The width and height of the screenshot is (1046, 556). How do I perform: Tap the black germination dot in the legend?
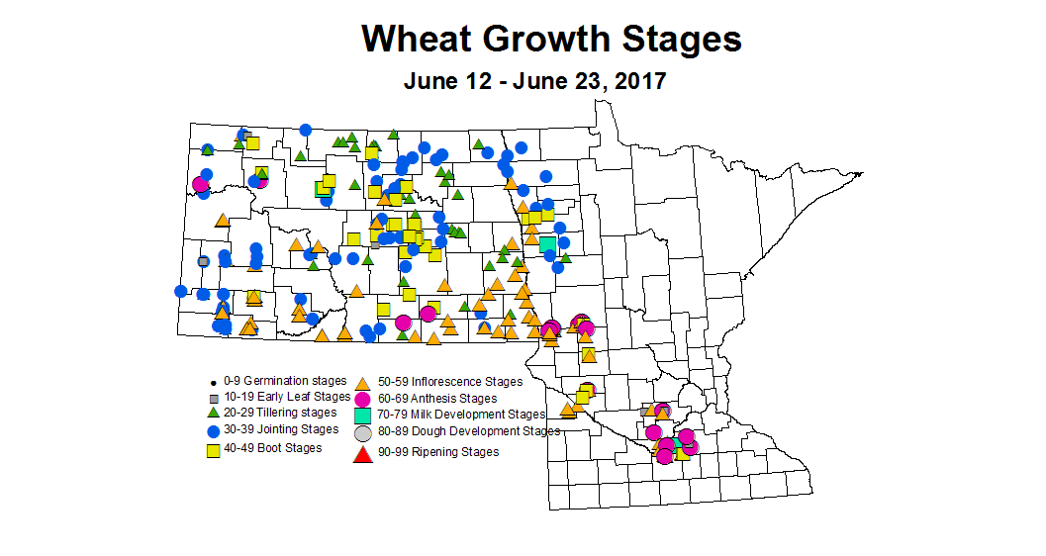click(x=212, y=382)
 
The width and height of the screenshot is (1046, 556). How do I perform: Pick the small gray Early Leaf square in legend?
click(x=212, y=397)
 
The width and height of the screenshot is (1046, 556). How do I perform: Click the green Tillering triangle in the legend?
click(x=212, y=413)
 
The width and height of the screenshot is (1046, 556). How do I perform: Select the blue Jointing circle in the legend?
click(x=212, y=431)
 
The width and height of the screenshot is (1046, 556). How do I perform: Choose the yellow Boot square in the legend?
click(x=212, y=450)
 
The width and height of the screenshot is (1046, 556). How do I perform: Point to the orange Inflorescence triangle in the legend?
click(x=362, y=382)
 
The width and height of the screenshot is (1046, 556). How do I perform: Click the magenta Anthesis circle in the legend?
click(x=362, y=399)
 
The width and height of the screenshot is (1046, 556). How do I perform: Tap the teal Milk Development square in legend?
click(x=362, y=416)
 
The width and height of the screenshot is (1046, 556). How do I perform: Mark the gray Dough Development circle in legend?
click(x=362, y=433)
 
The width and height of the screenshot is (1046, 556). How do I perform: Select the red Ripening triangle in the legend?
click(x=362, y=453)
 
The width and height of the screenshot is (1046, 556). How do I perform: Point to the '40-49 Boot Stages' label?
click(x=274, y=448)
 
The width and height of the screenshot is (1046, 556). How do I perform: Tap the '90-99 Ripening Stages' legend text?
click(x=438, y=452)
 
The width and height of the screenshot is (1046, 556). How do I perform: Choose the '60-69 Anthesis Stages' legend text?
click(x=436, y=399)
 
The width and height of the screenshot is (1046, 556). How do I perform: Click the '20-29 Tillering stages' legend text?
click(x=281, y=413)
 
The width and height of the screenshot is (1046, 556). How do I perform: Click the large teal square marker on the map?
click(x=547, y=243)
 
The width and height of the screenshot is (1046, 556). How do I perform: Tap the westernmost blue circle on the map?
click(x=181, y=291)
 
